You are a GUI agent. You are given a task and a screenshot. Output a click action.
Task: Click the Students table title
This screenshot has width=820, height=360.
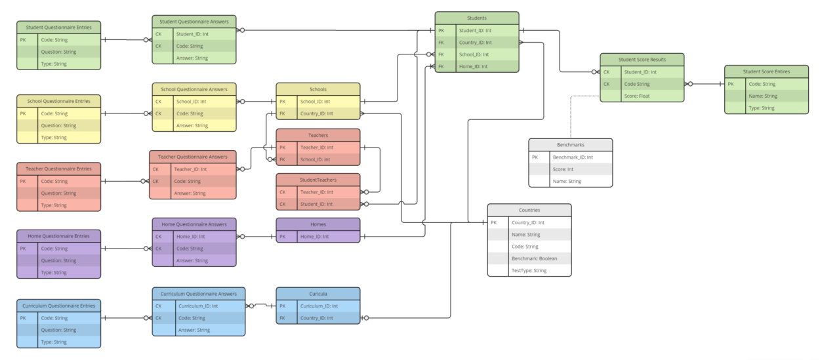coord(476,18)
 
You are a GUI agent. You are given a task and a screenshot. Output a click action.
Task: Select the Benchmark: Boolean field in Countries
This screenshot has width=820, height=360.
coord(534,258)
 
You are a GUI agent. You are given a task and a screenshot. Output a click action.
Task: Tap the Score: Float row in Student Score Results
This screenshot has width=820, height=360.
coord(636,96)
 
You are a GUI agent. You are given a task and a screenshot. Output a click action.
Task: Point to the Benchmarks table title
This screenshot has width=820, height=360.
coord(570,144)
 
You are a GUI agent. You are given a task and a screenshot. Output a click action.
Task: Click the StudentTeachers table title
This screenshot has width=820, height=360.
coord(318,180)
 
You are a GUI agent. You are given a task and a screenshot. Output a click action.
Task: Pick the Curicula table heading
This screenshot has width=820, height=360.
coord(318,293)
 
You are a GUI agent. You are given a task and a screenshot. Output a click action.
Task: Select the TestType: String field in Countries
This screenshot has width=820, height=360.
coord(529,270)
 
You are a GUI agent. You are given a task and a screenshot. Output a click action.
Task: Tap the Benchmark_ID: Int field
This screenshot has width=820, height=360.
coord(573,157)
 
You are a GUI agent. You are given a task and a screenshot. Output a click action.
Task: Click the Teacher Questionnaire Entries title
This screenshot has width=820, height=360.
coord(59,169)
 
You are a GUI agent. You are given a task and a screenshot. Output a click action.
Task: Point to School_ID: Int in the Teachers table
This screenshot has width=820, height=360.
coord(316,159)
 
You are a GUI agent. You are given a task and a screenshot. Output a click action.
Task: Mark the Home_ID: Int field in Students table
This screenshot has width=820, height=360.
coord(473,66)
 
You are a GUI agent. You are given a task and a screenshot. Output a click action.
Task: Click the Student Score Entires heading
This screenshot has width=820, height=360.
coord(766,71)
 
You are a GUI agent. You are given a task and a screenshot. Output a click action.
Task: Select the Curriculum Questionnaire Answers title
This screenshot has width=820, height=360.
coord(199,293)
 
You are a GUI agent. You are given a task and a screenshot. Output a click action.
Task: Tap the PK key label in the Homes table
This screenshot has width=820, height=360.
coord(282,236)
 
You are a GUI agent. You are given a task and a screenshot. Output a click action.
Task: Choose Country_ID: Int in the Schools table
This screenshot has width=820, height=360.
coord(316,113)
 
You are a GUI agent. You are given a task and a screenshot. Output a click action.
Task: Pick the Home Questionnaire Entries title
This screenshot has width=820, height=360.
coord(59,236)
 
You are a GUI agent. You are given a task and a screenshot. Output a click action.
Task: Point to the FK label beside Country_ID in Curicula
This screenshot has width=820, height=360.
coord(282,318)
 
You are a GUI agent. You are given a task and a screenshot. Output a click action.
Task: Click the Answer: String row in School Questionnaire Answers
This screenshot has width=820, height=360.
coord(192,125)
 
